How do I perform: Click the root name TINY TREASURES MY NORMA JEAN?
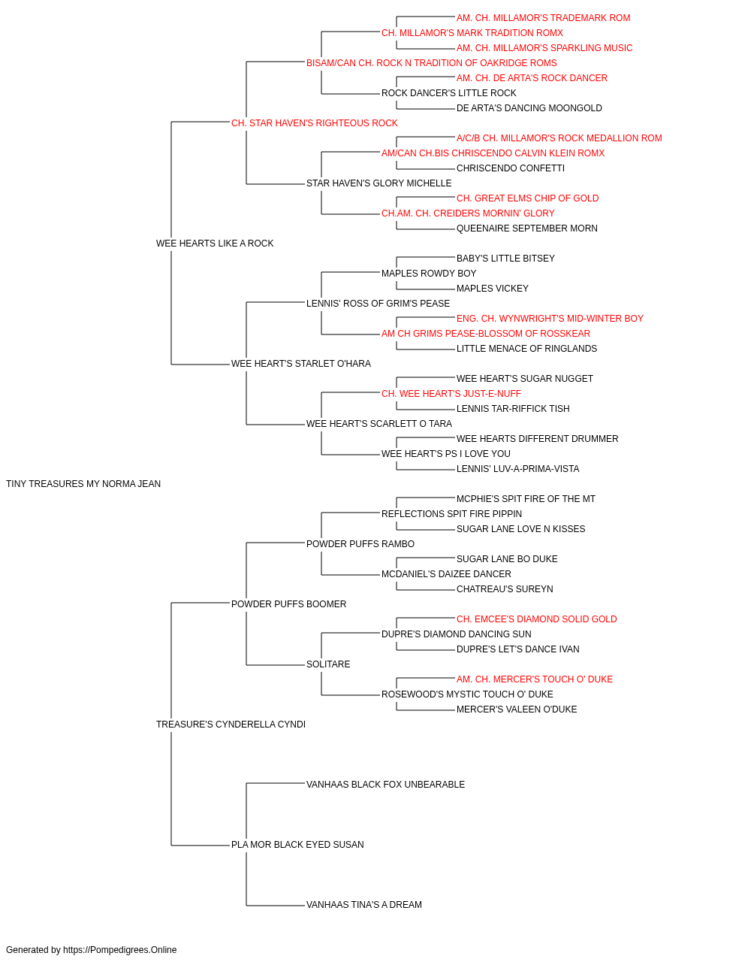[x=83, y=484]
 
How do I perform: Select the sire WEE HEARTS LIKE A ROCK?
[x=215, y=243]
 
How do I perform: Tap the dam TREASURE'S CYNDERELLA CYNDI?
[x=231, y=725]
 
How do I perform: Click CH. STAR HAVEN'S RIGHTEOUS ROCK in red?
[x=314, y=123]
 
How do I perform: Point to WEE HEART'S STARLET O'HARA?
[x=300, y=364]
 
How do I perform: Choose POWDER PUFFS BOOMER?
[x=288, y=604]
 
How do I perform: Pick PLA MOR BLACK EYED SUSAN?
[x=297, y=844]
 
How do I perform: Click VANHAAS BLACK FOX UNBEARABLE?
[x=385, y=785]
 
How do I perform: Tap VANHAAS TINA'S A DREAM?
[x=363, y=904]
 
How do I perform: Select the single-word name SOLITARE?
[x=327, y=664]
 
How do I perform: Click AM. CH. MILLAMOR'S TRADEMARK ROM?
[x=543, y=18]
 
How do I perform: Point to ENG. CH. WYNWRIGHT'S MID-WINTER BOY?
[x=550, y=319]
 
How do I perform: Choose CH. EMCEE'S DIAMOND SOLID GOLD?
[x=536, y=619]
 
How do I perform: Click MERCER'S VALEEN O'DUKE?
[x=517, y=709]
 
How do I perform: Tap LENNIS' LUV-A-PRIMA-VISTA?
[x=517, y=469]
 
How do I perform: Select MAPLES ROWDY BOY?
[x=429, y=273]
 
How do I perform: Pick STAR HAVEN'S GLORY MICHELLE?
[x=379, y=183]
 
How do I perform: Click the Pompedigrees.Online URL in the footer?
[x=119, y=950]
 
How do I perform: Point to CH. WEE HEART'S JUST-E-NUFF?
[x=451, y=394]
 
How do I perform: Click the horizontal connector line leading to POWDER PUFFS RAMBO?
[x=276, y=543]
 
